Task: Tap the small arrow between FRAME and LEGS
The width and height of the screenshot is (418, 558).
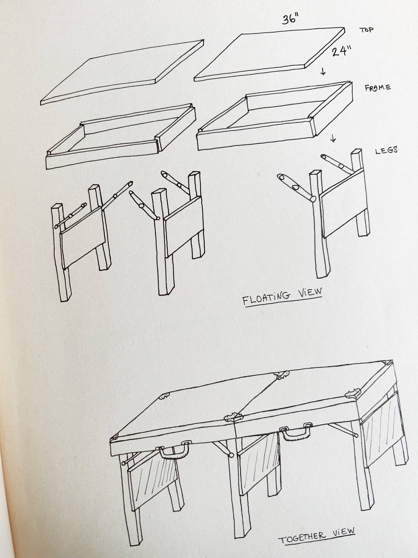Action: (x=333, y=140)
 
